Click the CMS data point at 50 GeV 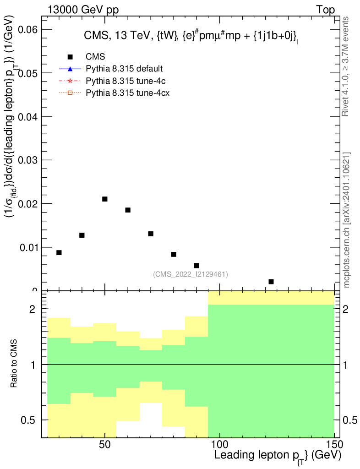pos(105,199)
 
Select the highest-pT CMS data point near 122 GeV pos(271,282)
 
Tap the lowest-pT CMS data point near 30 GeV pos(59,253)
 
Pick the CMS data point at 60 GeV pos(128,210)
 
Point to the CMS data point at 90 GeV pos(196,266)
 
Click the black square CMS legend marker pos(70,57)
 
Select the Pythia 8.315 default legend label pos(124,69)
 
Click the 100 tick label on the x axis pos(219,445)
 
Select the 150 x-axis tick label pos(334,445)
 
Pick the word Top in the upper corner pos(325,10)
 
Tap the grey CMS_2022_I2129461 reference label pos(191,274)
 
